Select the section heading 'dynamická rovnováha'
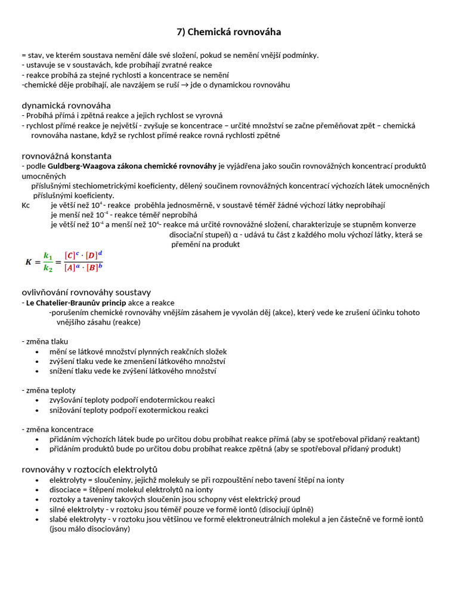click(x=66, y=105)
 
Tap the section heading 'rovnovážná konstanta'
click(x=66, y=156)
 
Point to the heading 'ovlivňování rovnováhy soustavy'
click(x=86, y=292)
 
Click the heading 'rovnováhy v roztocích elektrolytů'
click(x=89, y=469)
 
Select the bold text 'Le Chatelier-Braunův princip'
click(x=76, y=303)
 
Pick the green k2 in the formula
click(x=48, y=268)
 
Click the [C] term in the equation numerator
click(x=70, y=255)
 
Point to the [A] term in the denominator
click(x=70, y=267)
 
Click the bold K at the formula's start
click(x=28, y=261)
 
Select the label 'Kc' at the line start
click(x=26, y=205)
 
